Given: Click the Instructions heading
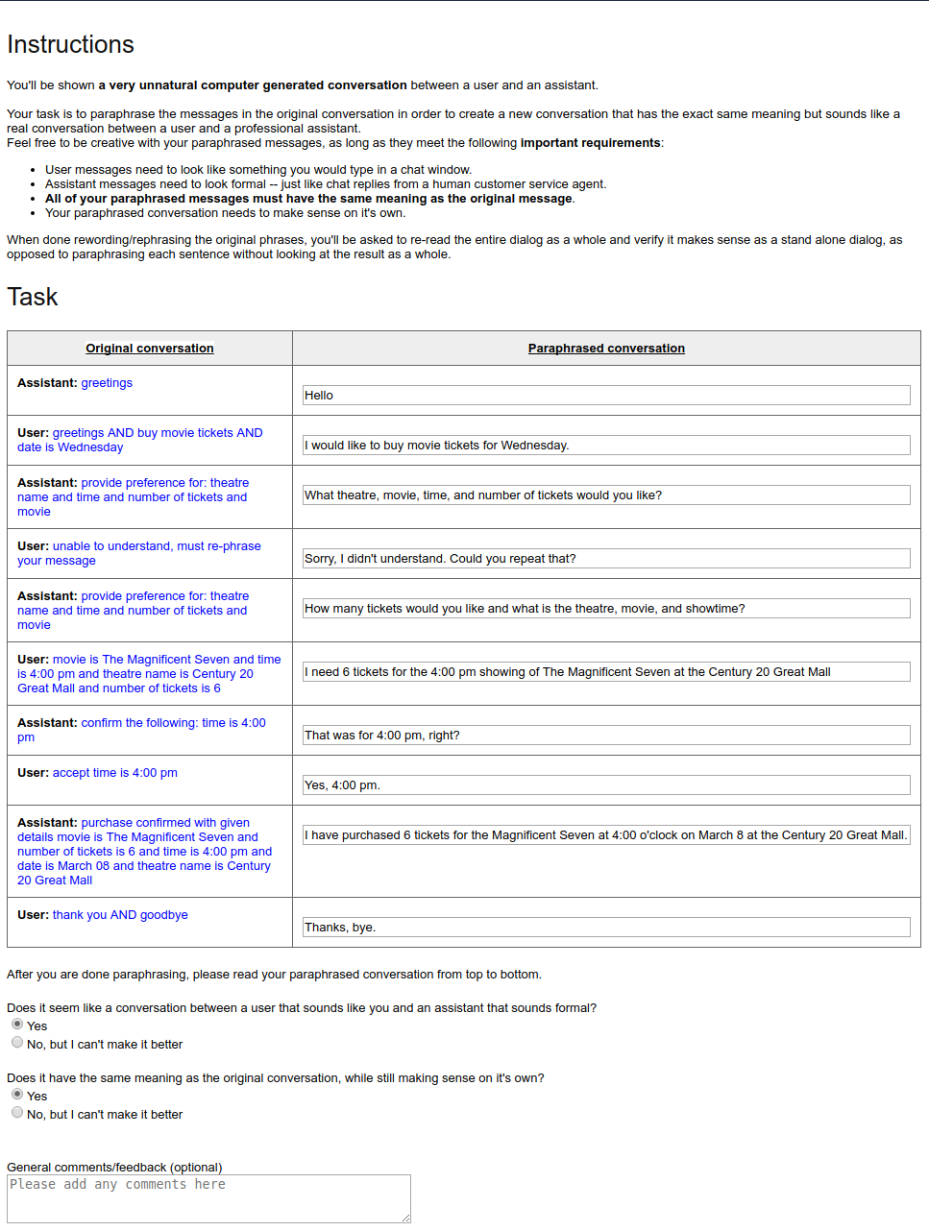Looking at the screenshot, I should pyautogui.click(x=70, y=44).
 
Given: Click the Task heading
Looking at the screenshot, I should pyautogui.click(x=33, y=297).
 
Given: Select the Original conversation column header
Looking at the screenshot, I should pyautogui.click(x=150, y=349).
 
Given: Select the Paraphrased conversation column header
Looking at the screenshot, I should pyautogui.click(x=606, y=349).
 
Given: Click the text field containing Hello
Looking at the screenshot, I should pyautogui.click(x=606, y=396).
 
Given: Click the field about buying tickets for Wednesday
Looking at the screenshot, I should pyautogui.click(x=606, y=446).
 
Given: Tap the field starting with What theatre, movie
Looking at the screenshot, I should pyautogui.click(x=606, y=495).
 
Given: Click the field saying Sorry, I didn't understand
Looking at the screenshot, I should pyautogui.click(x=606, y=559).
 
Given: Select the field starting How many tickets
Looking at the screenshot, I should pyautogui.click(x=606, y=609).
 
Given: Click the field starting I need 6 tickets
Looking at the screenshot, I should pyautogui.click(x=606, y=672).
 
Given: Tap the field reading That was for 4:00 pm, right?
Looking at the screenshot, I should pyautogui.click(x=606, y=736).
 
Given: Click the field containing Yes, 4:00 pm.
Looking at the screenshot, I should pyautogui.click(x=606, y=785).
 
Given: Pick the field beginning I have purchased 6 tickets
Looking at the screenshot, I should pyautogui.click(x=606, y=835).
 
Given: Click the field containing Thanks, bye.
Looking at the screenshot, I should pyautogui.click(x=606, y=928).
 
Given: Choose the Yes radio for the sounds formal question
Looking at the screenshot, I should pyautogui.click(x=17, y=1025).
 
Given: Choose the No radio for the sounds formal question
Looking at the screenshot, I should pyautogui.click(x=17, y=1043).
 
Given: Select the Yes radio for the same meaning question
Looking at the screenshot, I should pyautogui.click(x=17, y=1095).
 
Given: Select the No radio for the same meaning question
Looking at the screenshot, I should pyautogui.click(x=17, y=1113).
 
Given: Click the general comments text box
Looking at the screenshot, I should pyautogui.click(x=208, y=1198).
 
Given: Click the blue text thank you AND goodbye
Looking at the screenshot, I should pyautogui.click(x=120, y=915).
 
